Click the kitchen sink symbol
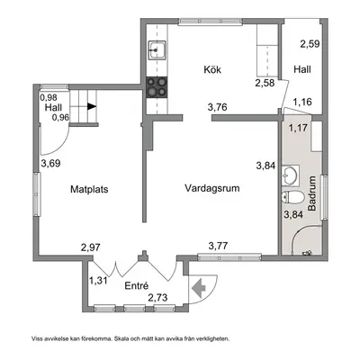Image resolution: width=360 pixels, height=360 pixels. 157,50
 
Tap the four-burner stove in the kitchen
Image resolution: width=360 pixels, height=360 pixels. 157,86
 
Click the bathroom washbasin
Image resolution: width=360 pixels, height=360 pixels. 291,175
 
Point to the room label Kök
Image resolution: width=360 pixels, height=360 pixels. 212,69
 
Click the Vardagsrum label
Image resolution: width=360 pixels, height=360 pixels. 212,188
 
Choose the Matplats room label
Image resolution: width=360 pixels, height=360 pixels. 89,189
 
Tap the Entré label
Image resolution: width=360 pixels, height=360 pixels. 137,286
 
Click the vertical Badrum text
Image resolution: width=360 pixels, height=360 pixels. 312,193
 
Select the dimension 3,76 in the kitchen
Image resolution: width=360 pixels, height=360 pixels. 217,107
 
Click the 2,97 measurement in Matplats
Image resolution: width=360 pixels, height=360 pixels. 91,247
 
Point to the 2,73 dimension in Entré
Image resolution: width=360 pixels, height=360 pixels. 157,298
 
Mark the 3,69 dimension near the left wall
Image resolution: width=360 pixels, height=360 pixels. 51,164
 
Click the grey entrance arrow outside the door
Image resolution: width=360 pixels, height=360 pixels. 199,288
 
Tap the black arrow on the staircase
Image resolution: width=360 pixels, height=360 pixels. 92,106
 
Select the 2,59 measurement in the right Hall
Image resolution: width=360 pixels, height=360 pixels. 310,44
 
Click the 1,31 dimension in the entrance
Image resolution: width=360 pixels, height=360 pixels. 98,281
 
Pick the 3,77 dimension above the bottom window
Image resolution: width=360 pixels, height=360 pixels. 218,247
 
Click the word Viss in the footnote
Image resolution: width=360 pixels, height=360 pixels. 37,339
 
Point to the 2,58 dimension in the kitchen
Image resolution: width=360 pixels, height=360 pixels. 265,83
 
